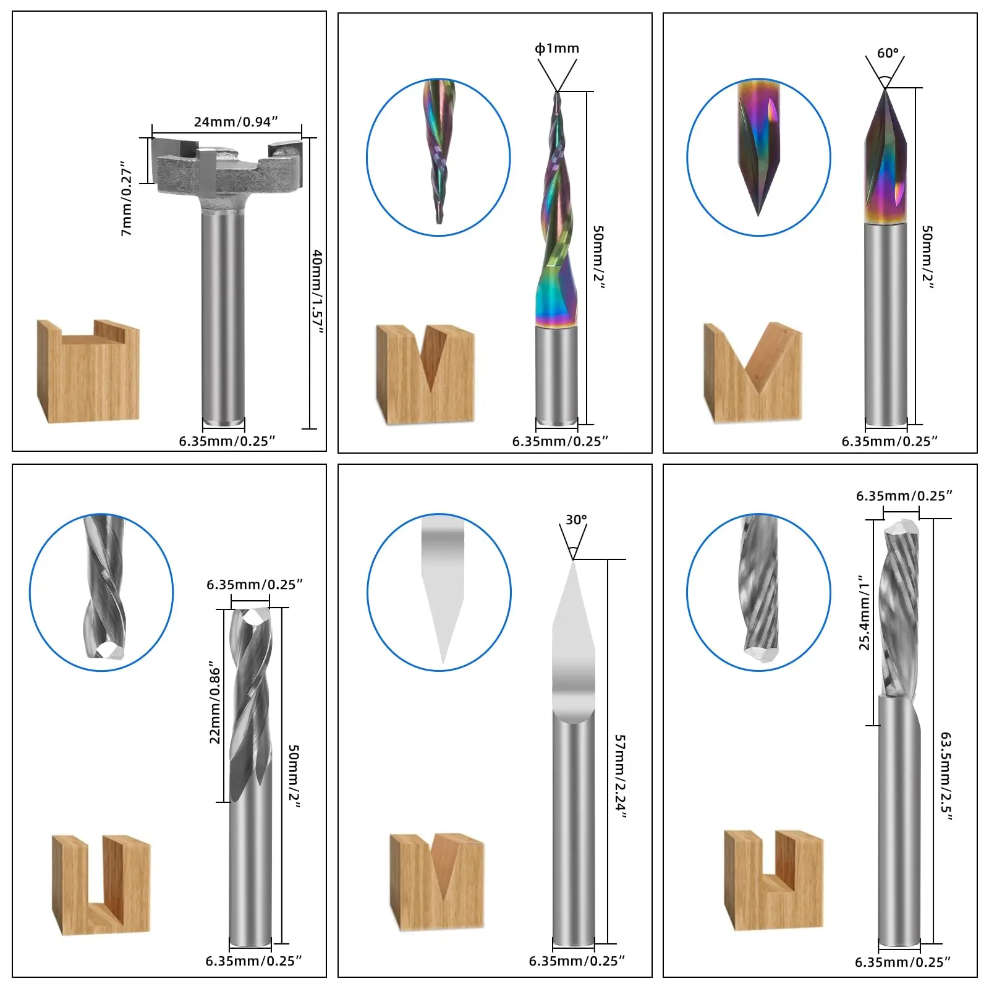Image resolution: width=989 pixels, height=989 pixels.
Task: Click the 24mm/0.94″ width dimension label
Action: (236, 122)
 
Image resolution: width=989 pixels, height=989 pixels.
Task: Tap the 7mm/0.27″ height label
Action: (127, 199)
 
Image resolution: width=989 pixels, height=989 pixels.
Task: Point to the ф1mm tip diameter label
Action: (557, 48)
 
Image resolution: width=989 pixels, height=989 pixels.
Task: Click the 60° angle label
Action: (888, 53)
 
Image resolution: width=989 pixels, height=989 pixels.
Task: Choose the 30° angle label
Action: (576, 520)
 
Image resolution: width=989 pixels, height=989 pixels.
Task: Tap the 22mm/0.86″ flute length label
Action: (215, 702)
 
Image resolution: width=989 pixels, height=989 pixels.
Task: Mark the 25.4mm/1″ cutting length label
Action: (864, 613)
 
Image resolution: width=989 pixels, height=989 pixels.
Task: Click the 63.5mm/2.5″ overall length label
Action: (946, 776)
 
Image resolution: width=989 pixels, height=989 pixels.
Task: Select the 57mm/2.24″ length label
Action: (620, 776)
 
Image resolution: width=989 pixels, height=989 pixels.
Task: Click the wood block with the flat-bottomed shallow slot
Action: (88, 371)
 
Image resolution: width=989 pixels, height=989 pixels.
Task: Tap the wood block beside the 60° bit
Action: (753, 373)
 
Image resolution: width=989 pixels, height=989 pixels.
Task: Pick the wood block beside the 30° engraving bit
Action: (438, 881)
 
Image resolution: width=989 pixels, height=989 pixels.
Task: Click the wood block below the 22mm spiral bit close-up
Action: (101, 885)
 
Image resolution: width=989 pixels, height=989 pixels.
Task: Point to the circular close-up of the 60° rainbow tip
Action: (758, 157)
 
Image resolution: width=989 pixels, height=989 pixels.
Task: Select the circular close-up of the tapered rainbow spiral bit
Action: (438, 157)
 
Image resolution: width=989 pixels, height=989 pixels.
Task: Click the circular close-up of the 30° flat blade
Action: (439, 592)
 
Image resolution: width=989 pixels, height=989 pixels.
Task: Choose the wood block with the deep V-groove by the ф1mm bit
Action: (425, 374)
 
